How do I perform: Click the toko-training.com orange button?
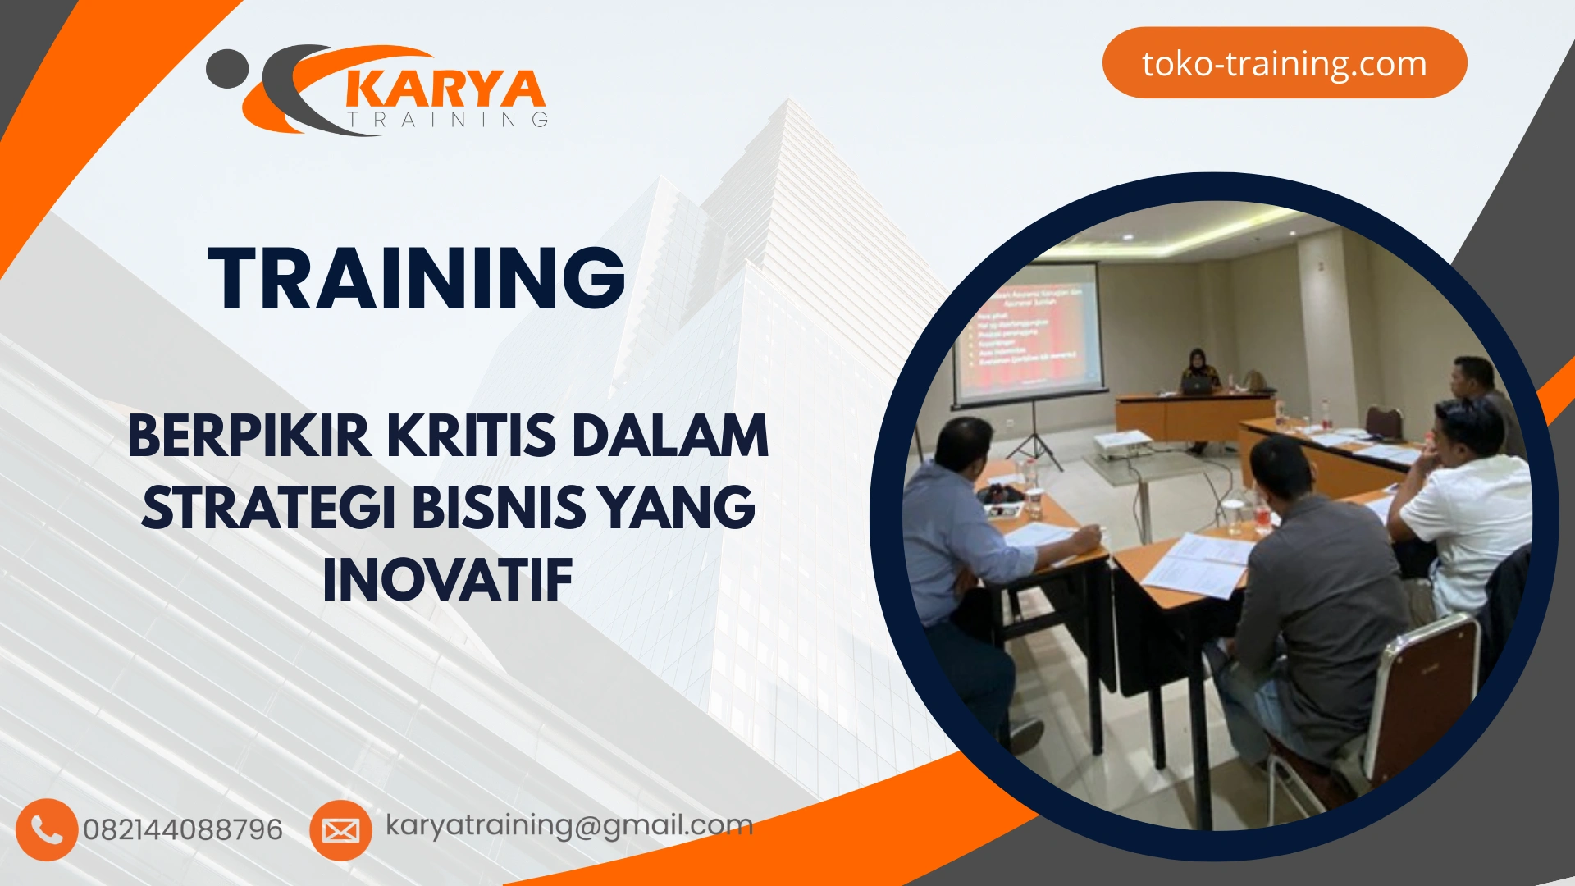(1284, 63)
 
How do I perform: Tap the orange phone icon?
(46, 829)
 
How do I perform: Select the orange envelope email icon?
(340, 830)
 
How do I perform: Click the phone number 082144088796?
(182, 829)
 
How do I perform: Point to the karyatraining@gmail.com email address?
(568, 825)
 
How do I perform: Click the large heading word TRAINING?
(417, 279)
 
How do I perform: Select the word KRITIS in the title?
(471, 436)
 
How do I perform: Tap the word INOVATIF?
(448, 581)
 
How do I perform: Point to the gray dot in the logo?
(226, 69)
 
